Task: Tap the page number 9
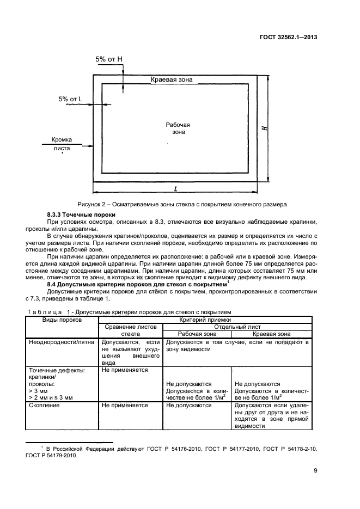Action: tap(315, 471)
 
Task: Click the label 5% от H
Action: tap(108, 59)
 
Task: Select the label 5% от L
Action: tap(70, 99)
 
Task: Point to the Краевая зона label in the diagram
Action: tap(172, 79)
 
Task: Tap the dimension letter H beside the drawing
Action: tap(264, 128)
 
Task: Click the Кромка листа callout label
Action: tap(62, 143)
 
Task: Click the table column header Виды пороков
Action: tap(62, 320)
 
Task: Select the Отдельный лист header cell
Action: tap(237, 327)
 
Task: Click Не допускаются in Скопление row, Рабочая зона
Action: tap(188, 406)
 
